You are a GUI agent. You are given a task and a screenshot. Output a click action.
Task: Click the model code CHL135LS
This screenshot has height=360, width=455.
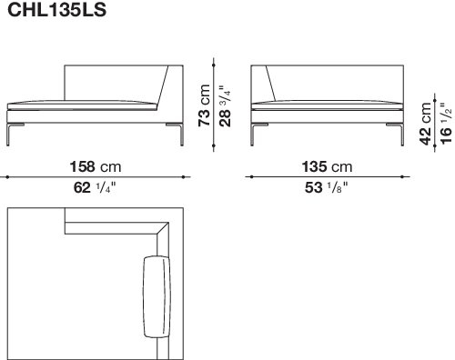[x=56, y=10]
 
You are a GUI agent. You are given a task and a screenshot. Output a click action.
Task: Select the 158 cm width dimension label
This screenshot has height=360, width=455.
[x=96, y=166]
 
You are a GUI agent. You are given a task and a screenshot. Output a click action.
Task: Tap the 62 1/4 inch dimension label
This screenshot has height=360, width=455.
[x=95, y=188]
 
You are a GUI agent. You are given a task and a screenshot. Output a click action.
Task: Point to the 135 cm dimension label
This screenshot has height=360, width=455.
[x=327, y=166]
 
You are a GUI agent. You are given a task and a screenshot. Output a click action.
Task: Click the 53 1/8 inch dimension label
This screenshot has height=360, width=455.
[x=327, y=188]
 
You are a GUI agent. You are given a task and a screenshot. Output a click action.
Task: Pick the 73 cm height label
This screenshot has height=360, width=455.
[x=204, y=105]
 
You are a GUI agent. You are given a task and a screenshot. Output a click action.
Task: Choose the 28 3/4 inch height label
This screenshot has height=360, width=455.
[x=225, y=105]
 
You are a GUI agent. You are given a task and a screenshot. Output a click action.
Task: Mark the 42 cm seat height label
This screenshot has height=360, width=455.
[x=425, y=124]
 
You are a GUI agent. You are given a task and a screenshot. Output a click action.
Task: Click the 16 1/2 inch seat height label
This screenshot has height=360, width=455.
[x=446, y=124]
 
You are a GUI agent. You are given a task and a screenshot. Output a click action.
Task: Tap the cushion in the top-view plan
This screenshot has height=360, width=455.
[x=157, y=296]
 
